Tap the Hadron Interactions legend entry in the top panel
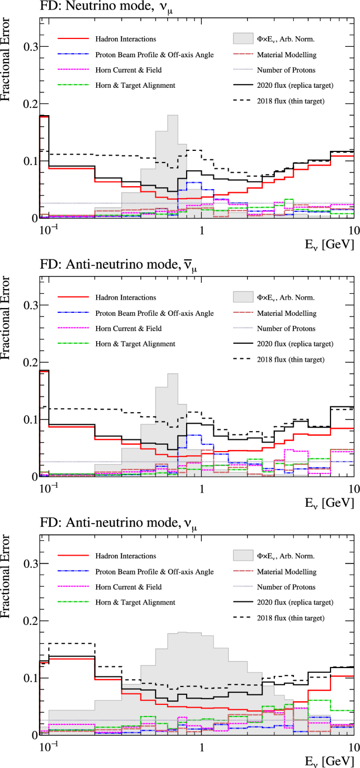[x=126, y=39]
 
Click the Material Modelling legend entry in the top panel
[x=286, y=55]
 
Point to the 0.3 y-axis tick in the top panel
[x=30, y=47]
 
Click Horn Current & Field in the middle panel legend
[x=128, y=329]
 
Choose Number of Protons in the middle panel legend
[x=286, y=329]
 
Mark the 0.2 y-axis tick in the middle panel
[x=30, y=362]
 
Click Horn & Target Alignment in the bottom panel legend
[x=135, y=602]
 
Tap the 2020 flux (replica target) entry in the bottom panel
[x=295, y=602]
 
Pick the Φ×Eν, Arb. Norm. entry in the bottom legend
[x=285, y=556]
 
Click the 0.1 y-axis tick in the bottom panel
[x=30, y=678]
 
